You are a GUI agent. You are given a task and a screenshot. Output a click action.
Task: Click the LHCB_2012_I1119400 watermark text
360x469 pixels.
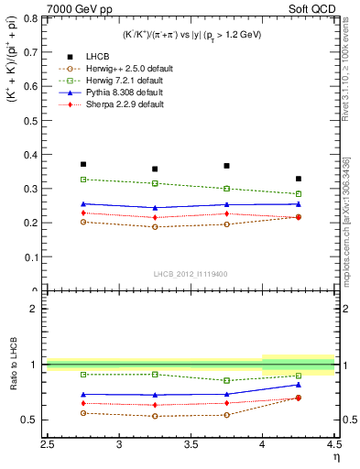[x=190, y=274]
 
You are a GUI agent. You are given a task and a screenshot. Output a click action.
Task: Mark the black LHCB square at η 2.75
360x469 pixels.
[x=83, y=164]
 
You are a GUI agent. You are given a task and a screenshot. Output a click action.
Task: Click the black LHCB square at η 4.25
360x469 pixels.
[x=299, y=179]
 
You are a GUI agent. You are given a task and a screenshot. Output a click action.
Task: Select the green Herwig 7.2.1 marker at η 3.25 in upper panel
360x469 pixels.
[x=155, y=183]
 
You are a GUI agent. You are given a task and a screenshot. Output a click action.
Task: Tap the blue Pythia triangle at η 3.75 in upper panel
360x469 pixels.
[x=226, y=204]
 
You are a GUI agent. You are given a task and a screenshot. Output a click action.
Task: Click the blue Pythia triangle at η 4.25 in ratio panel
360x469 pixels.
[x=299, y=385]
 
